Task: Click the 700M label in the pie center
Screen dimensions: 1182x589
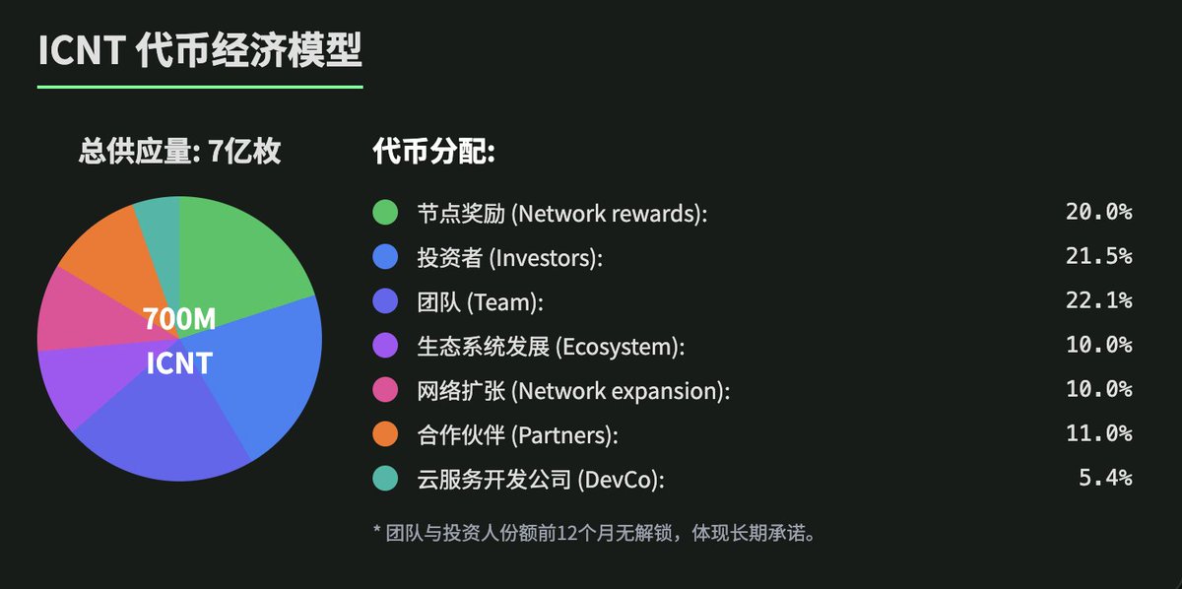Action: click(179, 319)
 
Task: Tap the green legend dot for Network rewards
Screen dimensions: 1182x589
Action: click(385, 212)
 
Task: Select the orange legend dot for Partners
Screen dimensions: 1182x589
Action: click(385, 433)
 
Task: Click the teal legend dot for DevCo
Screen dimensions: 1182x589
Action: click(385, 478)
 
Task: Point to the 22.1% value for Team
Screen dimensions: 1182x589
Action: click(1098, 300)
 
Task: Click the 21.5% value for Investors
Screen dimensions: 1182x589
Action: click(1098, 256)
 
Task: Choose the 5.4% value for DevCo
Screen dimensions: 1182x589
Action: click(1105, 478)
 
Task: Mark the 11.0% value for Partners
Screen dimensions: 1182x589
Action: click(1098, 433)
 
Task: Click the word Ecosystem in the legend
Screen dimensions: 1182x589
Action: click(620, 348)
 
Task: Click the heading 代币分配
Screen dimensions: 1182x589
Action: click(433, 152)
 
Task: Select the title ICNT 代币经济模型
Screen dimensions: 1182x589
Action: click(200, 50)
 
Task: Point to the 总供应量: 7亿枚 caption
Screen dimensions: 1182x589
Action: click(179, 152)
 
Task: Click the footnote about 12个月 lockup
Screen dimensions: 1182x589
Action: click(595, 533)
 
